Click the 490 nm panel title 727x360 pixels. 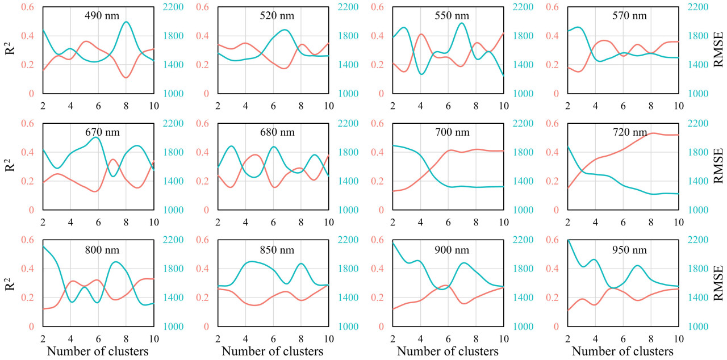click(102, 16)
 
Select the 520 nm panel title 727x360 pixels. click(277, 16)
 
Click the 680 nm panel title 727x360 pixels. click(277, 133)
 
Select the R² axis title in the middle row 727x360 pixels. click(10, 167)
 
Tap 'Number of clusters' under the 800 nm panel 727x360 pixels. click(98, 351)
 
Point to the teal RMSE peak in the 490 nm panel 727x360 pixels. click(126, 22)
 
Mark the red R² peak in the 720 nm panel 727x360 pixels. click(653, 133)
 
